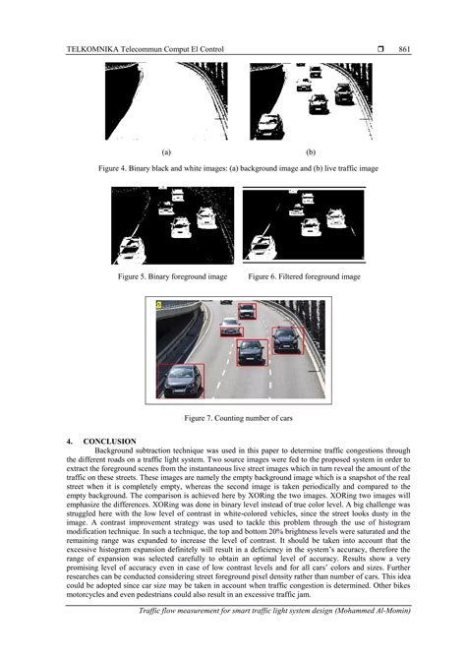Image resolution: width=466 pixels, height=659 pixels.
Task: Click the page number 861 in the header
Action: (x=403, y=48)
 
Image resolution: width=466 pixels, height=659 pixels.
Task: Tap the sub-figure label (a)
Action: (x=166, y=152)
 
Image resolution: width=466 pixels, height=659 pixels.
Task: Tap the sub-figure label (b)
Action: (x=310, y=152)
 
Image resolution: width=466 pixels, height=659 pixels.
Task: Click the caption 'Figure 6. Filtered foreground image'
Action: (x=304, y=277)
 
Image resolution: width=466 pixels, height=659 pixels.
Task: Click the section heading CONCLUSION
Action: (x=110, y=440)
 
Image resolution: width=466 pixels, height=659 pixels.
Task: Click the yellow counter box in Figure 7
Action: (x=160, y=307)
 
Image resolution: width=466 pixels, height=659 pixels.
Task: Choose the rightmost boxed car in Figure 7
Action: (x=288, y=339)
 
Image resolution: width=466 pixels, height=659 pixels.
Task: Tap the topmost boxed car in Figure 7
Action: (x=247, y=310)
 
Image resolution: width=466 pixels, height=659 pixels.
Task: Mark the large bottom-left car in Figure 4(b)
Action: (x=266, y=126)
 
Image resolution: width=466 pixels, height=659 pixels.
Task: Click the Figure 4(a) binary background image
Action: (x=166, y=101)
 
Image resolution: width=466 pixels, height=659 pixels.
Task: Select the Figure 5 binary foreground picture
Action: (x=172, y=227)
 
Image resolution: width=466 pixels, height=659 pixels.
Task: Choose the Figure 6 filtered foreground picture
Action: (x=302, y=227)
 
